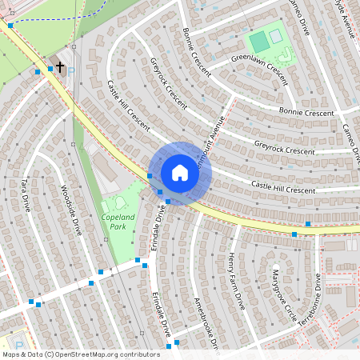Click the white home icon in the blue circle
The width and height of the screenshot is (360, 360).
tap(180, 173)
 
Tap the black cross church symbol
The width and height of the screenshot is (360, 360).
tap(60, 68)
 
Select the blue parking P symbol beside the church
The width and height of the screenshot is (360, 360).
tap(72, 70)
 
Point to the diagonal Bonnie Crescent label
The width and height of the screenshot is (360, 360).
tap(196, 51)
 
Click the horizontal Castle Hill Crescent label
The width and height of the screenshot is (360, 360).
tap(283, 187)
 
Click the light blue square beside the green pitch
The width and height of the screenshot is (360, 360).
tap(275, 36)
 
